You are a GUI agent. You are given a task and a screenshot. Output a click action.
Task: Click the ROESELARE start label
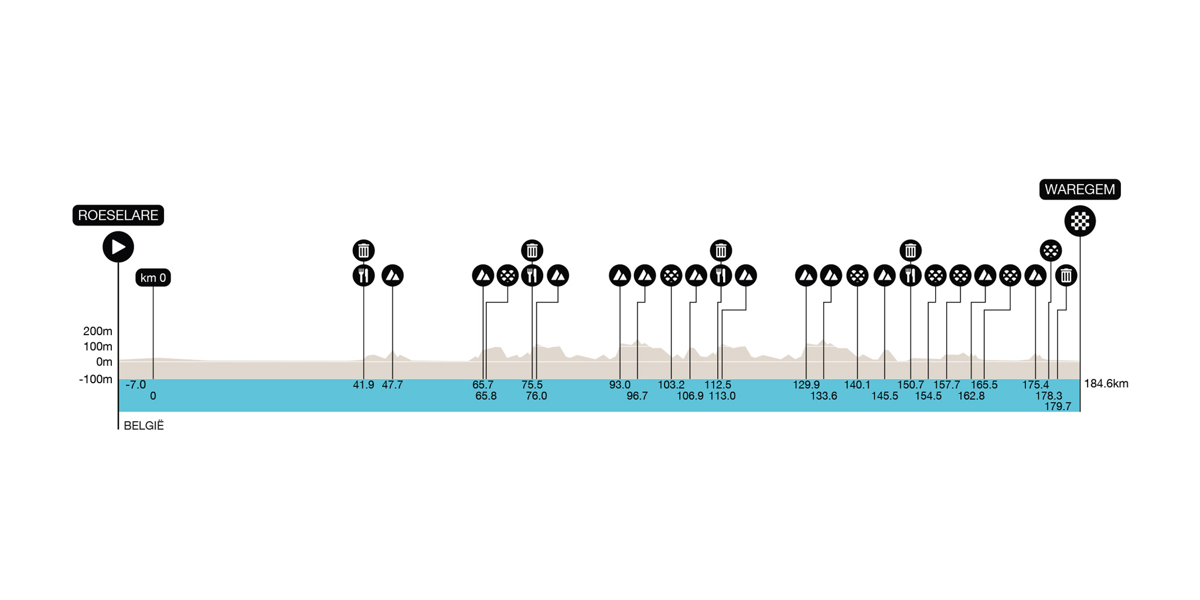118,215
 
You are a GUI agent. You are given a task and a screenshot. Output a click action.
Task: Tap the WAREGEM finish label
1079,189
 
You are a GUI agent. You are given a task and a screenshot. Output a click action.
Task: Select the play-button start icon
118,247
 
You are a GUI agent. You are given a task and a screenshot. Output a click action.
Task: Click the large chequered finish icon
1079,221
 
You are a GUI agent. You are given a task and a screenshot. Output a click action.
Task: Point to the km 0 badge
153,278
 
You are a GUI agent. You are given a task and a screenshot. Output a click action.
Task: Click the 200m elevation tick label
98,331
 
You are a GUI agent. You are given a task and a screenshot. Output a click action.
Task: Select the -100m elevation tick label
96,379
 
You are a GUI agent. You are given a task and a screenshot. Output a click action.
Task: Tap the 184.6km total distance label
1106,384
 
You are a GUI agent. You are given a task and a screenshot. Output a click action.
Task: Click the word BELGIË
144,426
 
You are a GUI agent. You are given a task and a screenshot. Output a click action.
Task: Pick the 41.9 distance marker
363,385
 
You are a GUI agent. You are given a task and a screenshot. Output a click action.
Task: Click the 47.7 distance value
392,385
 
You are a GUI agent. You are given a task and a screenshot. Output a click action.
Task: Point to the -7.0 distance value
135,385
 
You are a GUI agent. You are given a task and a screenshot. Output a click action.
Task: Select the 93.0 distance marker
619,385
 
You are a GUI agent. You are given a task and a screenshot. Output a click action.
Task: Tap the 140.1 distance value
857,385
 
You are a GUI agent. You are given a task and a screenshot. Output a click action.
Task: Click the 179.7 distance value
1057,406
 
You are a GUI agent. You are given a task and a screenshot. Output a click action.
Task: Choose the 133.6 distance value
823,396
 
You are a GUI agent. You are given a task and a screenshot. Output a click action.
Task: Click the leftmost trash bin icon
363,250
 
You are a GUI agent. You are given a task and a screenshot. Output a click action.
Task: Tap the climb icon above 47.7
392,275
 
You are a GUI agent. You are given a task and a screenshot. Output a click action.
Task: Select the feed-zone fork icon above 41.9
363,275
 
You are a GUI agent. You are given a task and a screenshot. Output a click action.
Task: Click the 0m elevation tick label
104,362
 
